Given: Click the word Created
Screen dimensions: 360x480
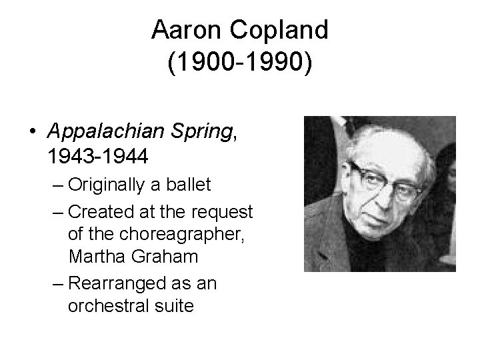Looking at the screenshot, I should click(x=95, y=213).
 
